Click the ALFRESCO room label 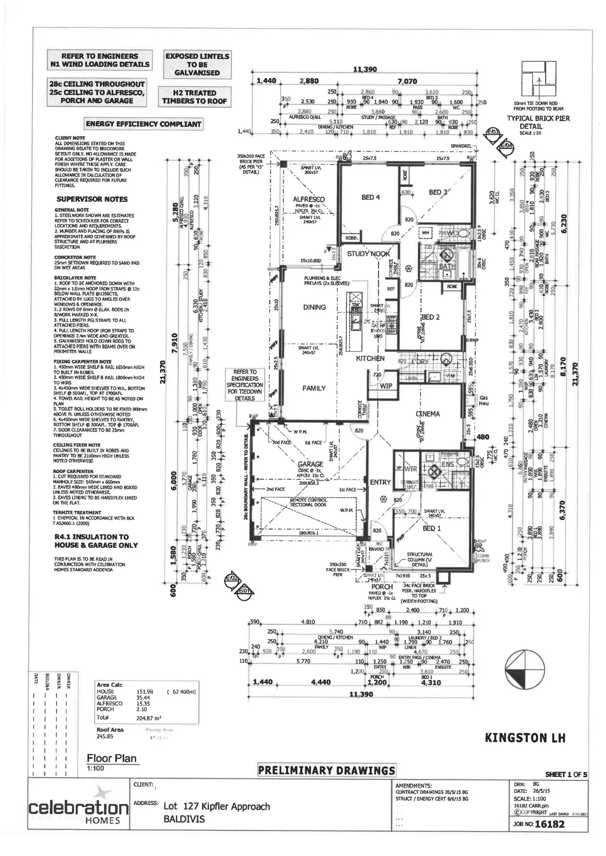point(309,199)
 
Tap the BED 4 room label point(371,198)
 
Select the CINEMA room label point(427,414)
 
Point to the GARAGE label point(310,464)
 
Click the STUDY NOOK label point(368,254)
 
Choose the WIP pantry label point(386,386)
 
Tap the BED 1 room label point(431,528)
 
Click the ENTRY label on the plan point(380,482)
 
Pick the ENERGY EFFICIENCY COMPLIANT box point(144,124)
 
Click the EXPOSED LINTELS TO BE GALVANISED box point(197,64)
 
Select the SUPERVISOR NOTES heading point(92,199)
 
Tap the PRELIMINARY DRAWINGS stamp point(326,770)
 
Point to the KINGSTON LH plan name point(525,737)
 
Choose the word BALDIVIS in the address point(184,819)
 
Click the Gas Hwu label point(484,400)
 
